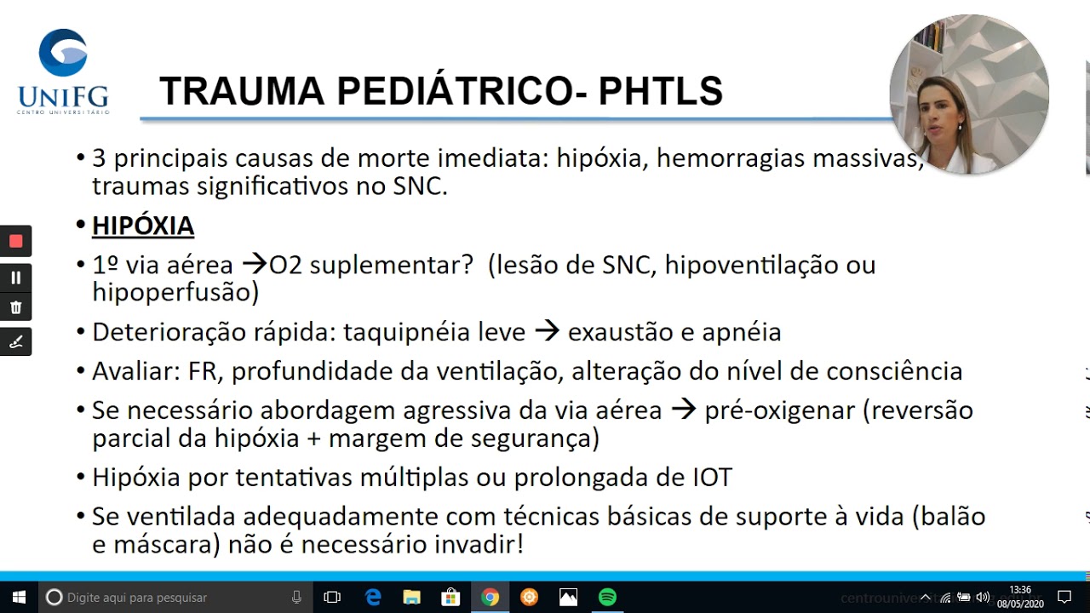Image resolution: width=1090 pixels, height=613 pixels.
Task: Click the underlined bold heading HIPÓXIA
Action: point(143,226)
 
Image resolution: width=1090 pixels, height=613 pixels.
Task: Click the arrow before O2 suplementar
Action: point(255,264)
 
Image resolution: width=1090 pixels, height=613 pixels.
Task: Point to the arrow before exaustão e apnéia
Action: point(547,331)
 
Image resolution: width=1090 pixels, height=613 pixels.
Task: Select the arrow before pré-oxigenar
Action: point(683,410)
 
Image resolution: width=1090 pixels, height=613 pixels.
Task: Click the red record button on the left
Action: point(15,241)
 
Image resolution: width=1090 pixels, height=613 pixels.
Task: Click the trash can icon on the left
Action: point(15,307)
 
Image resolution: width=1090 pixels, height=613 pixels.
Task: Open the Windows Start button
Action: point(19,597)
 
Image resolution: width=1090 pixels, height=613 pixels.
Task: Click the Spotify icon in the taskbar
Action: point(607,597)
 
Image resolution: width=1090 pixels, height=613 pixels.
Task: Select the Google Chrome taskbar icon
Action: point(490,597)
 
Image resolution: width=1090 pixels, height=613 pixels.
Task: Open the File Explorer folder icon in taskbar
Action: point(411,597)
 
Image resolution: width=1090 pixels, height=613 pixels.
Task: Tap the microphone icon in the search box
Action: point(296,597)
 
